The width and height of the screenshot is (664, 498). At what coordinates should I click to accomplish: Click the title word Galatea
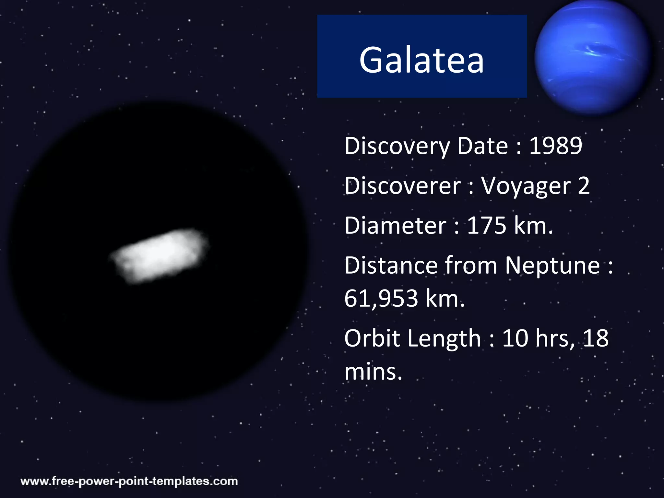pyautogui.click(x=421, y=60)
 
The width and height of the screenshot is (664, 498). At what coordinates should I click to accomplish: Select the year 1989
pyautogui.click(x=556, y=146)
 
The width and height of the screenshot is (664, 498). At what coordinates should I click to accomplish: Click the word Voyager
pyautogui.click(x=526, y=186)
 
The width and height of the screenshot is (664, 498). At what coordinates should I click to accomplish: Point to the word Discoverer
pyautogui.click(x=402, y=186)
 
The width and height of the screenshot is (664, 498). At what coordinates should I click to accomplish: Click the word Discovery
pyautogui.click(x=397, y=146)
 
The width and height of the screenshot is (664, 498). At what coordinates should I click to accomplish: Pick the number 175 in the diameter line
pyautogui.click(x=486, y=226)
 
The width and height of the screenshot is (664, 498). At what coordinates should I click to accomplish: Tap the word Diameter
pyautogui.click(x=396, y=226)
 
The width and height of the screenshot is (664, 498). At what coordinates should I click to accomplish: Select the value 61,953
pyautogui.click(x=381, y=299)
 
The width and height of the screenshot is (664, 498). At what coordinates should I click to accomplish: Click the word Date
pyautogui.click(x=482, y=146)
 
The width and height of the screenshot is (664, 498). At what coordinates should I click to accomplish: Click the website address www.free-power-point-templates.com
pyautogui.click(x=129, y=481)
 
